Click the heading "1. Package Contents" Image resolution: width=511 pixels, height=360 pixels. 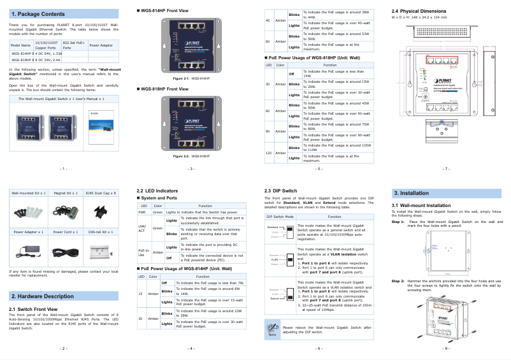(38, 13)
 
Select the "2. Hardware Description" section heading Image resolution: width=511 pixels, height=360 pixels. (43, 296)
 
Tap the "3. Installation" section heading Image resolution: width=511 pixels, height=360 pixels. (410, 192)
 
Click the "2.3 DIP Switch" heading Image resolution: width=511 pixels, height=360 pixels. (280, 191)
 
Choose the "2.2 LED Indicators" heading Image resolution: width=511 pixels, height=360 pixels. (157, 191)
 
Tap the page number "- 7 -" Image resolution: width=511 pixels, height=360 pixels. (445, 169)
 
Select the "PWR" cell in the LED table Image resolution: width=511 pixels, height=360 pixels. (143, 212)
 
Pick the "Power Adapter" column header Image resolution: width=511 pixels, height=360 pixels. (101, 46)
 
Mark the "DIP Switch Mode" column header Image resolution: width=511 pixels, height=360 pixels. (280, 217)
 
